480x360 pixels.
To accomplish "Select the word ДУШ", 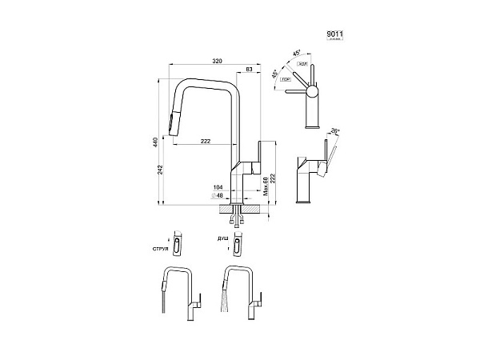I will click(x=222, y=239).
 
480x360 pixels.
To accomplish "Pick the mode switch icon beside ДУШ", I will click(x=239, y=243).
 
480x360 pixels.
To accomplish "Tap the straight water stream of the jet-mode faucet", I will click(x=162, y=303).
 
